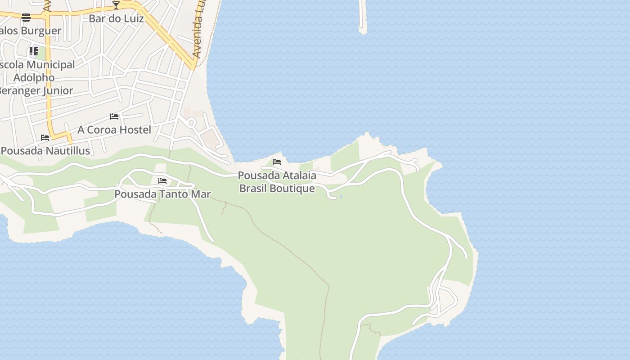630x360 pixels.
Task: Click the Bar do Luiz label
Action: click(x=116, y=18)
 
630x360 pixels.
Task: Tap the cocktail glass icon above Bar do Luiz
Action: click(x=116, y=5)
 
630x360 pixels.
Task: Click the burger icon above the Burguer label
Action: click(x=26, y=18)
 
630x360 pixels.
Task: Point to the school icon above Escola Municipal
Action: click(x=34, y=51)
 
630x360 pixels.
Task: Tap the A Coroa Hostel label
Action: click(x=114, y=130)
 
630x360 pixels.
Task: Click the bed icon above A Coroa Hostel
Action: click(x=114, y=117)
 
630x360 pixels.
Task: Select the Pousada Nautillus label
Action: click(x=45, y=151)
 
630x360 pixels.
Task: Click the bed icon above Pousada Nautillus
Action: click(x=45, y=138)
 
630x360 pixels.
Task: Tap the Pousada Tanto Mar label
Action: click(x=162, y=194)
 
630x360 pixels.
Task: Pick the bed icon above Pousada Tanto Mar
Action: click(x=162, y=181)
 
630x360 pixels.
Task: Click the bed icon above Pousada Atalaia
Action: click(x=277, y=162)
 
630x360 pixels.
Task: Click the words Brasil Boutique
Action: click(x=277, y=188)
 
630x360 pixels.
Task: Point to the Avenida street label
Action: click(x=198, y=36)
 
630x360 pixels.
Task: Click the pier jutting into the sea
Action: click(x=363, y=18)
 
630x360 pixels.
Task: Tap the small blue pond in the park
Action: click(x=341, y=197)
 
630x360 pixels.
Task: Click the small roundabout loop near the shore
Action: click(x=191, y=122)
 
